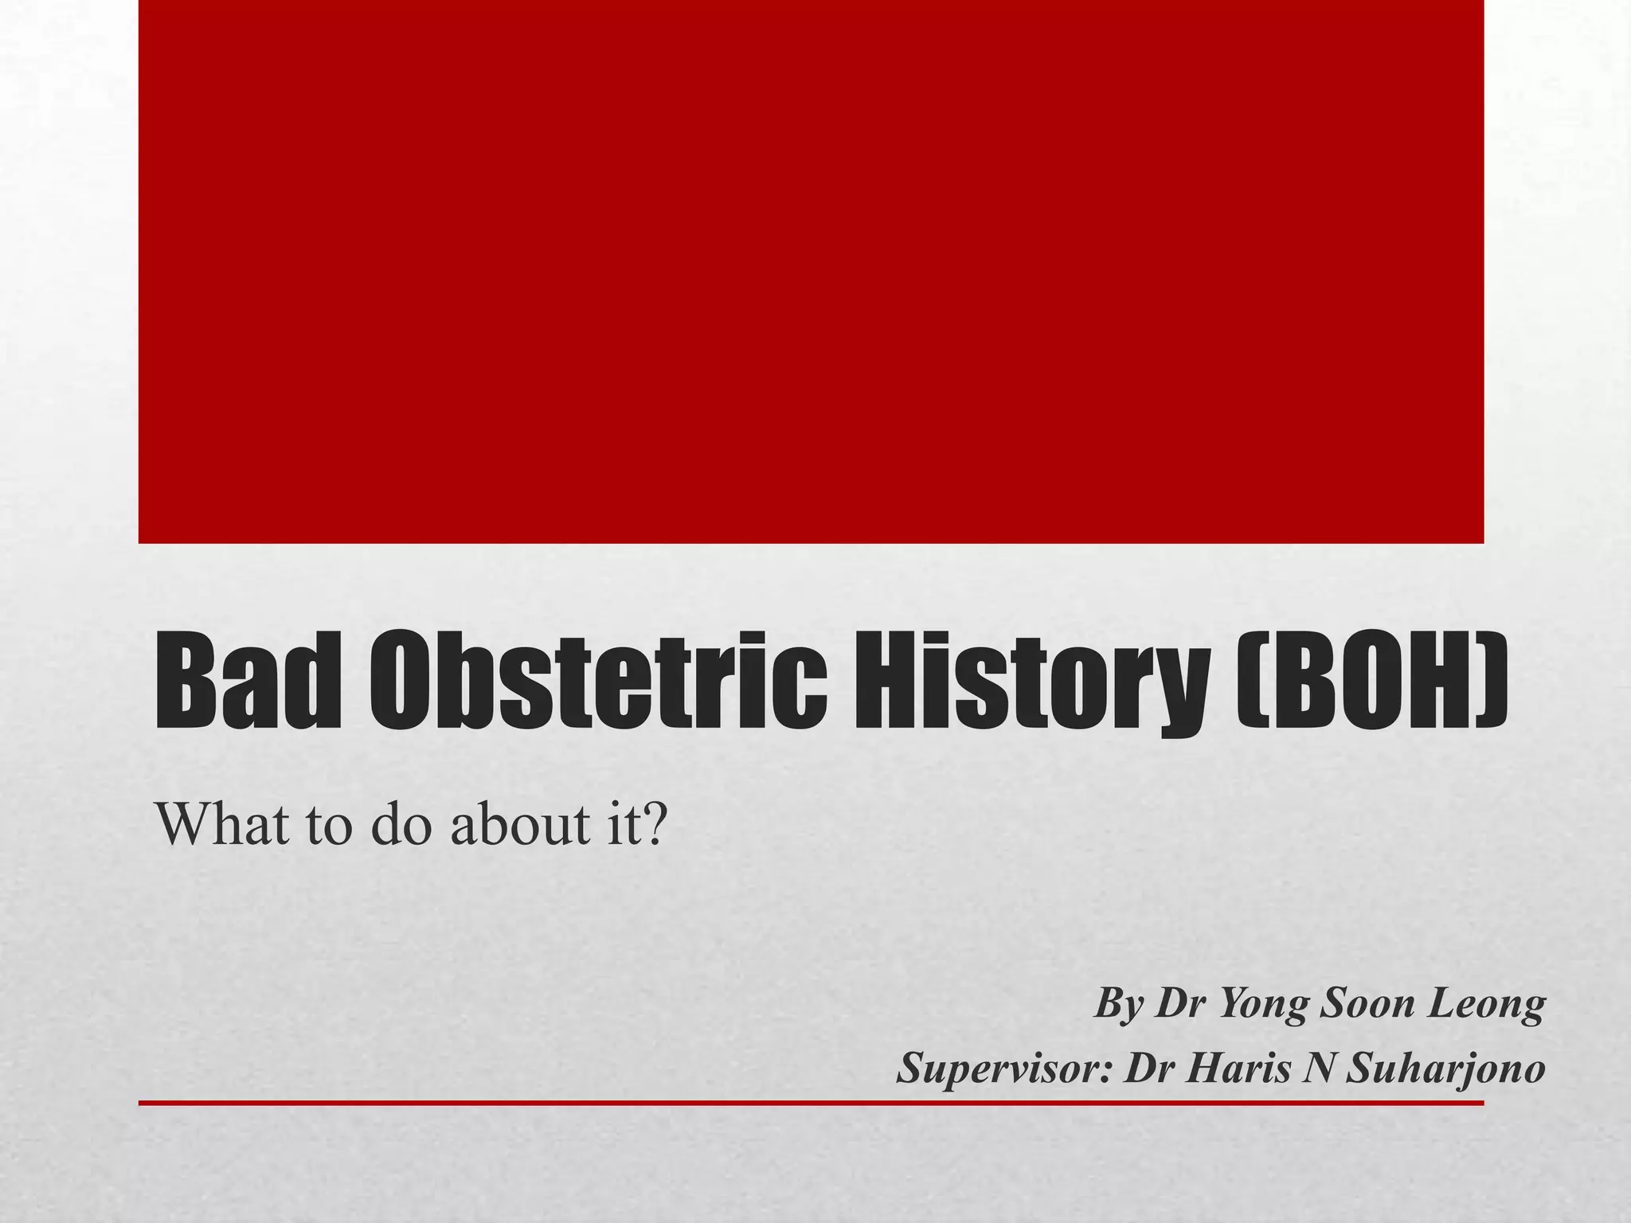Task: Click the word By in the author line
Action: (1119, 1004)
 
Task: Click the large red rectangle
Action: (811, 271)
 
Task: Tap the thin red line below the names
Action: (811, 1103)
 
